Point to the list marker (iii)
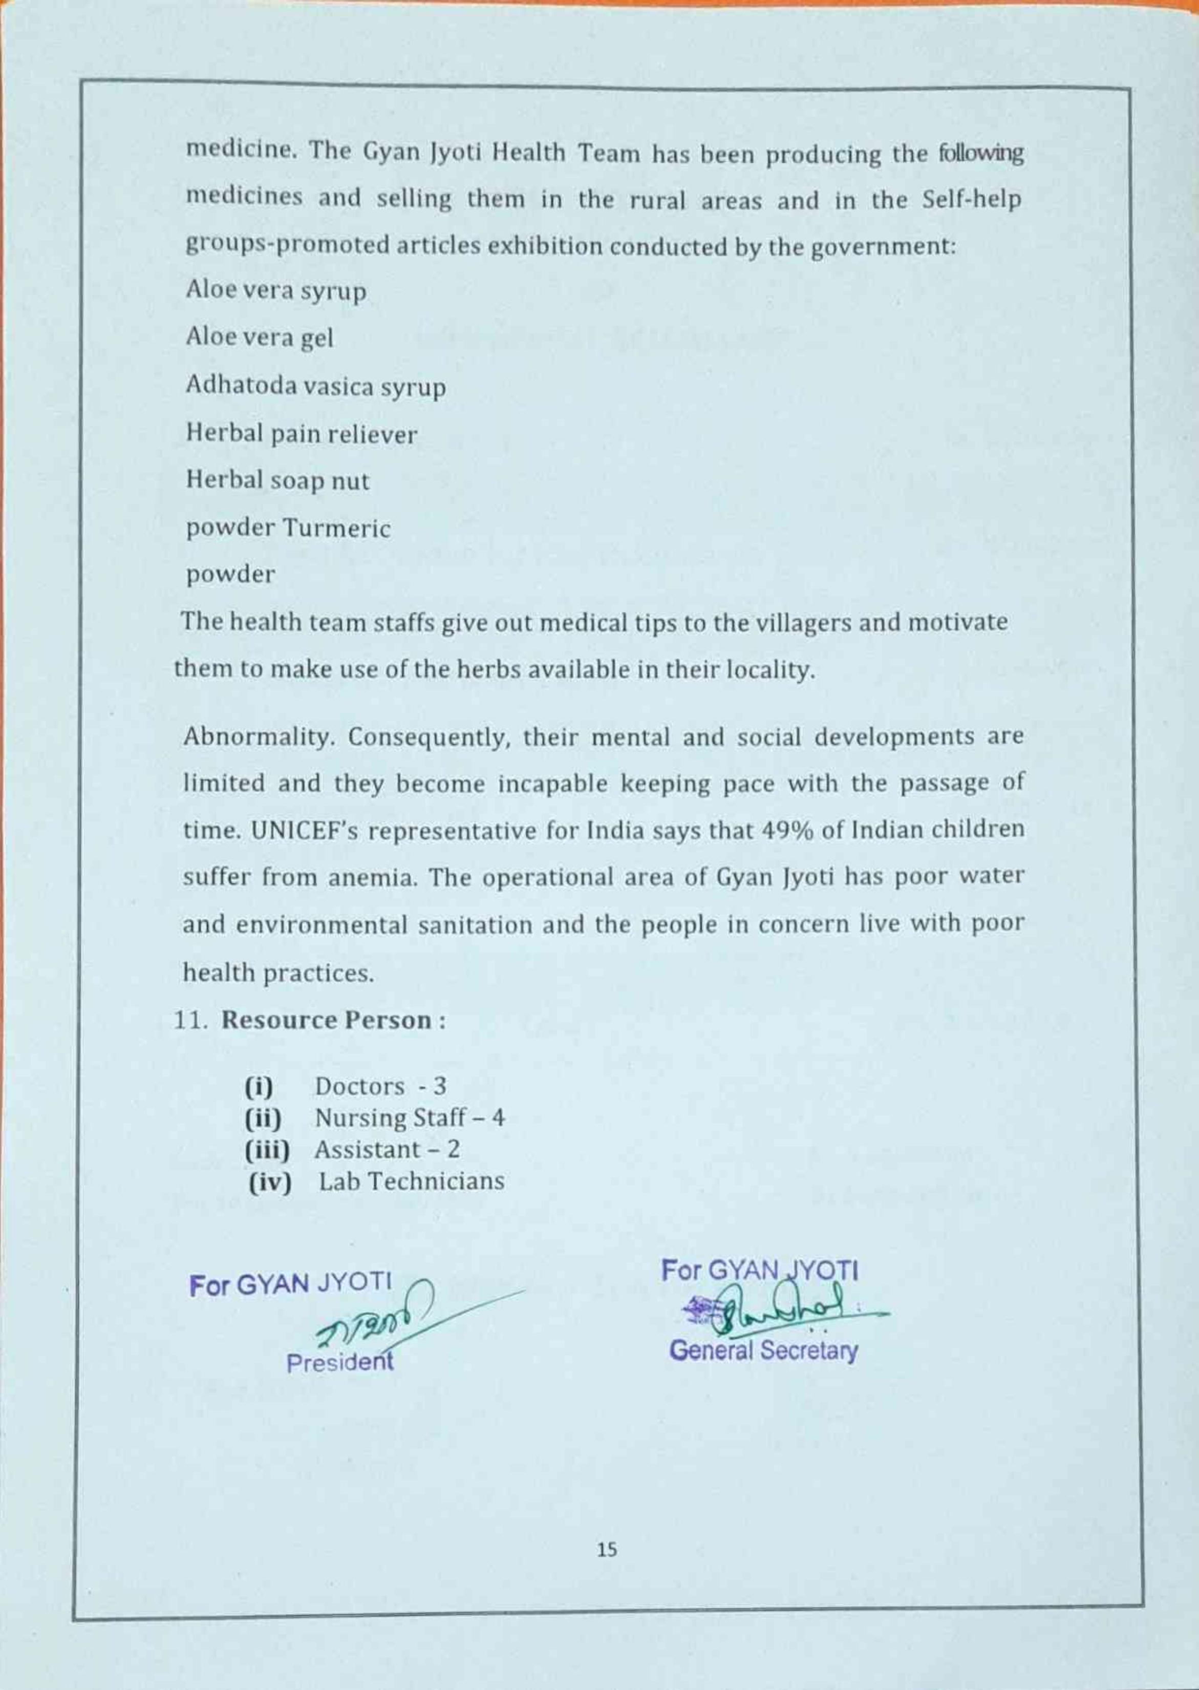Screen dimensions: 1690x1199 coord(267,1150)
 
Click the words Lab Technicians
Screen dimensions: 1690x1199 coord(411,1181)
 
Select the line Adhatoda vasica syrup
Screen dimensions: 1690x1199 coord(315,386)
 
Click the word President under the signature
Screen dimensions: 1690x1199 coord(339,1362)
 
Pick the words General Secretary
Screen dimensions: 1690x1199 coord(763,1351)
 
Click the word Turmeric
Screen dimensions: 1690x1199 coord(337,528)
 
